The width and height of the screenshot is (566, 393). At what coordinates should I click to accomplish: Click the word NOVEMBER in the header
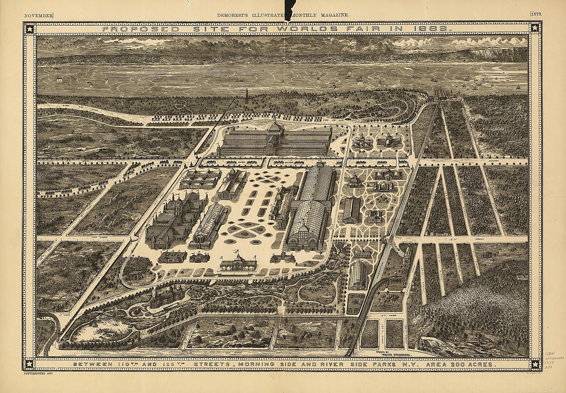[38, 15]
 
